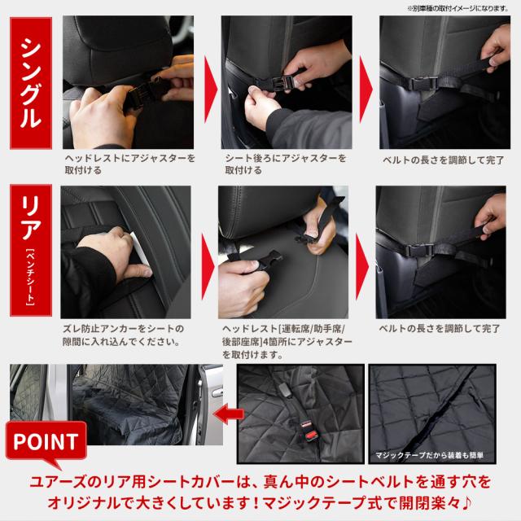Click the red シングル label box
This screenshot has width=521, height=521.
coord(31,83)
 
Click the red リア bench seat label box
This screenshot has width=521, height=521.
coord(31,250)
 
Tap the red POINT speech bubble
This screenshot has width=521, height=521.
coord(46,442)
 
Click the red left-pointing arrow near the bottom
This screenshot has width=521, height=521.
coord(229,414)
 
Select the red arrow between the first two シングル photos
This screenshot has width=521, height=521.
coord(210,89)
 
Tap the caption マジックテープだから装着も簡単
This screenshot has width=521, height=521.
coord(429,455)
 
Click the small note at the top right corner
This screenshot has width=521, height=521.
coord(458,9)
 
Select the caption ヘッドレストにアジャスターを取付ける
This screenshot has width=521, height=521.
coord(129,164)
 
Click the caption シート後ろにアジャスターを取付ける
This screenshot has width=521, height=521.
coord(286,164)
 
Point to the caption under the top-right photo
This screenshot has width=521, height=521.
coord(443,160)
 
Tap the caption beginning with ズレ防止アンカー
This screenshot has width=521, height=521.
coord(123,335)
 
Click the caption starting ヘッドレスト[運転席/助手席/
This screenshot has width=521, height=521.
coord(287,342)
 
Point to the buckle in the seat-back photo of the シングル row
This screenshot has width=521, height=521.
coord(282,82)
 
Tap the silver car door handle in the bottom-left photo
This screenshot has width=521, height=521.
coord(217,393)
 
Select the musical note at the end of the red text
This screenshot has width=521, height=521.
coord(466,503)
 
